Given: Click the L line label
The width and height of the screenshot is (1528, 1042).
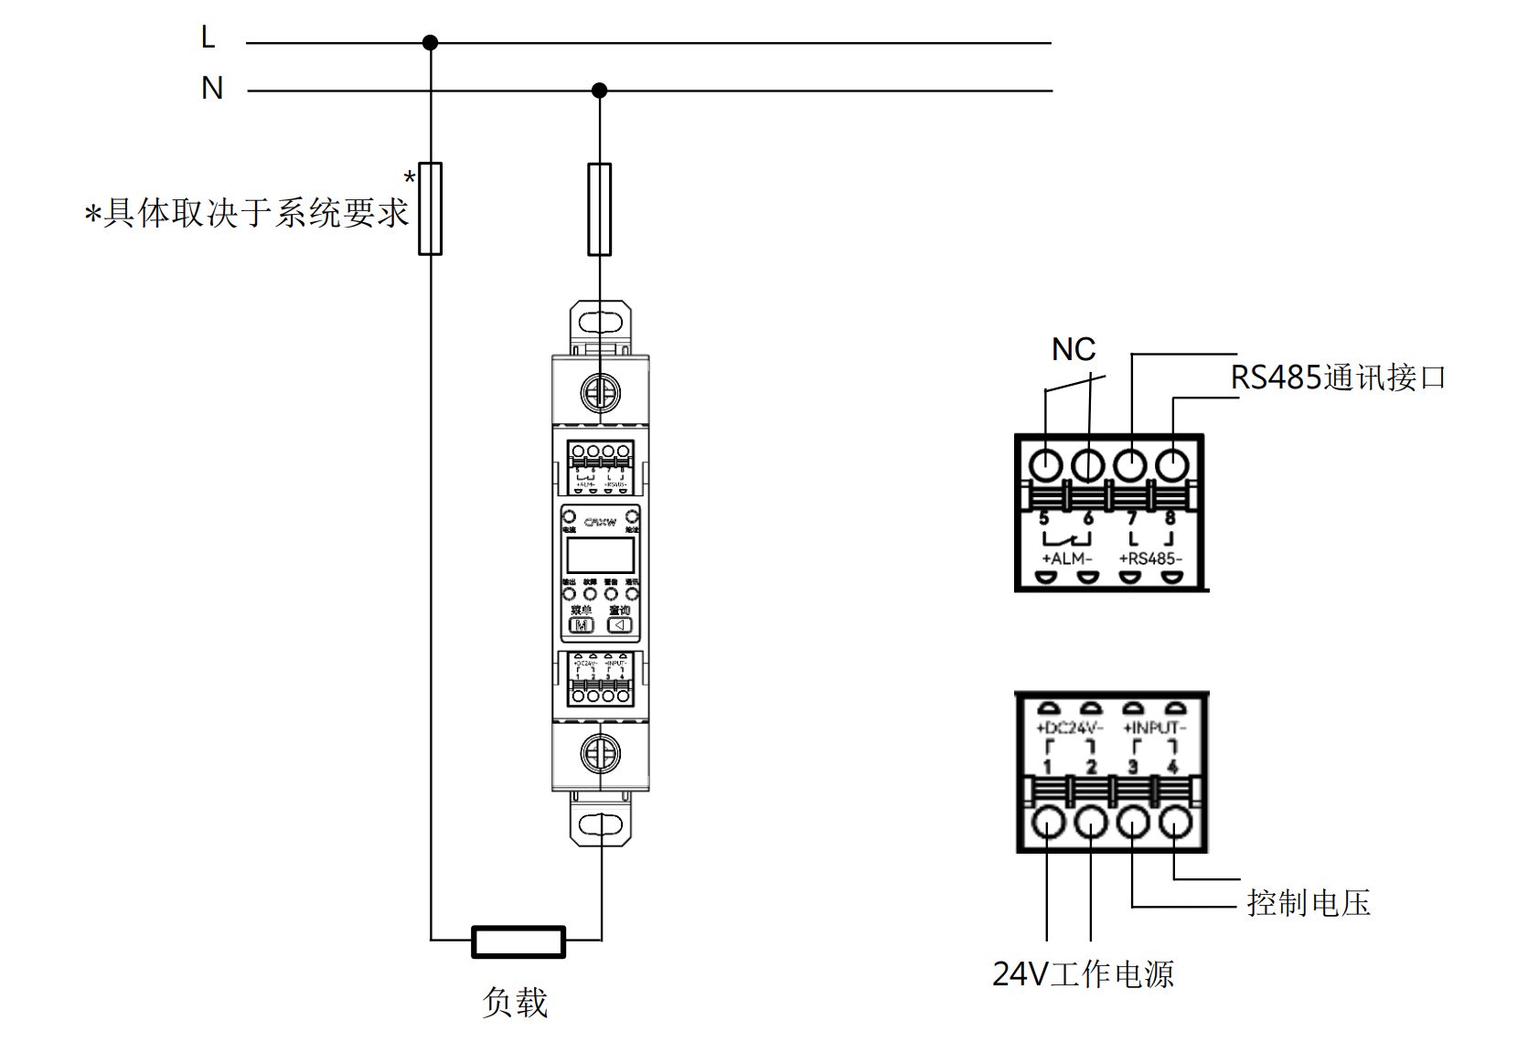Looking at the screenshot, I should click(x=208, y=37).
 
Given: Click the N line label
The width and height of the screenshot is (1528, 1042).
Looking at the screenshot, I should click(x=212, y=88).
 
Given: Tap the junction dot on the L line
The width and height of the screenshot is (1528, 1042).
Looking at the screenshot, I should click(x=430, y=42).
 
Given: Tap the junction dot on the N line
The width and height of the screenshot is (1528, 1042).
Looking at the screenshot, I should click(x=599, y=90).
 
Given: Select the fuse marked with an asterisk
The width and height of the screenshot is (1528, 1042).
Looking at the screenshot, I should click(x=430, y=208).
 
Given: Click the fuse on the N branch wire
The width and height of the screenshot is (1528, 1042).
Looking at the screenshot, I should click(x=599, y=209).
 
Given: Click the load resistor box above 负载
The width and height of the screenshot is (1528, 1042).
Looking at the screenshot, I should click(x=518, y=941).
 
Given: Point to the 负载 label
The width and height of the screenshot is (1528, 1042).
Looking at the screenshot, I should click(x=515, y=1003).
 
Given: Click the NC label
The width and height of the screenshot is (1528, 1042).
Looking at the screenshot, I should click(x=1073, y=349).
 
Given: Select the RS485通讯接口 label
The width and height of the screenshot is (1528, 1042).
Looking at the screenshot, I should click(x=1337, y=377).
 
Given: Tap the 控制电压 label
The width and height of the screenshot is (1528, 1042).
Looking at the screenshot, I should click(x=1309, y=903).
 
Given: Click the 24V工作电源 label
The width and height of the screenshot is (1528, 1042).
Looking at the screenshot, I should click(x=1083, y=974).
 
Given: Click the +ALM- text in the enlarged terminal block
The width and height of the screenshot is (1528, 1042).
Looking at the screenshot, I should click(x=1066, y=558).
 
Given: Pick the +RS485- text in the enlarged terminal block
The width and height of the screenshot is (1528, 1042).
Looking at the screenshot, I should click(x=1150, y=558).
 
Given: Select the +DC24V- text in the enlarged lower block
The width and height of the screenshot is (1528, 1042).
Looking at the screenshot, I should click(x=1069, y=728).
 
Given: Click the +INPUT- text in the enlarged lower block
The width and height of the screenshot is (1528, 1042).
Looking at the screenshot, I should click(x=1154, y=728).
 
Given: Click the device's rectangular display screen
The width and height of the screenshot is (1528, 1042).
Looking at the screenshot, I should click(x=600, y=556).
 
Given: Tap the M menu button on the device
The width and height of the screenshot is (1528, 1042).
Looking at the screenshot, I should click(x=582, y=625).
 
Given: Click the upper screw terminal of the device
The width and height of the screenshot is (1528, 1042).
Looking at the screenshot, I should click(x=600, y=393).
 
